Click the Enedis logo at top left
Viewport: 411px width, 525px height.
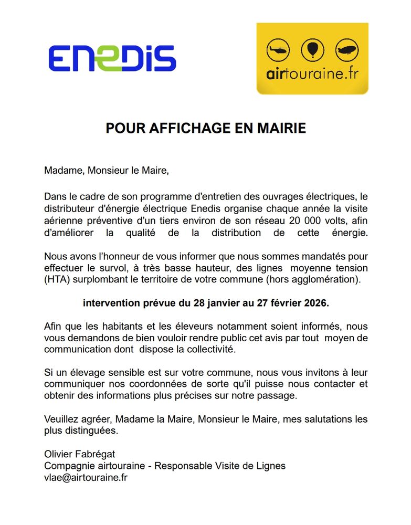[x=112, y=58]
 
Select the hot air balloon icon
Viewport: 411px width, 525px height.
[x=312, y=51]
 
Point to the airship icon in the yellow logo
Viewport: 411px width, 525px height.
[x=346, y=51]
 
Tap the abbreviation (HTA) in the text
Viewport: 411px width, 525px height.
[x=57, y=279]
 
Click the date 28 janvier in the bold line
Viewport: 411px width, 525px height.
[x=207, y=303]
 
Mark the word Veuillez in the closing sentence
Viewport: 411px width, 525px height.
[x=62, y=419]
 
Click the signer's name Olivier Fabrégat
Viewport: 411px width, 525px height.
[x=79, y=455]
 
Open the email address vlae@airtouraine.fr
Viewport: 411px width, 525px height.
[x=86, y=477]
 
